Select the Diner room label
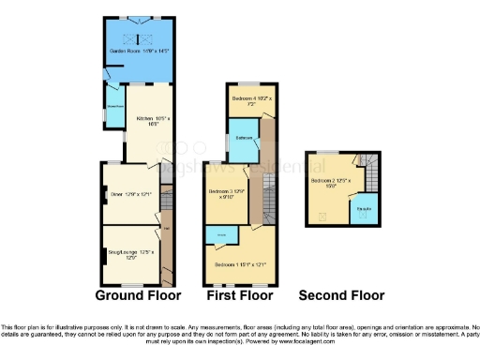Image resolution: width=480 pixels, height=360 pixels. tap(131, 194)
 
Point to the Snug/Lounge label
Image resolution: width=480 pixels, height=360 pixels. tap(130, 254)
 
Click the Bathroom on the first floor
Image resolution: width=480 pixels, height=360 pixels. tap(245, 138)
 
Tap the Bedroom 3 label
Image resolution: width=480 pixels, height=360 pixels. tap(225, 194)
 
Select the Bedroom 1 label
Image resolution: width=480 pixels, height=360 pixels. tap(240, 265)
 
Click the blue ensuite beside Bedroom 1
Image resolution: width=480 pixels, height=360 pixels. tap(222, 234)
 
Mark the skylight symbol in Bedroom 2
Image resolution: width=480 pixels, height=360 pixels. tap(324, 217)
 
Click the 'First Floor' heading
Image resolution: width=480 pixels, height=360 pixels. tap(238, 295)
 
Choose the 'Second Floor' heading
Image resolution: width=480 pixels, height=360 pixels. tap(341, 295)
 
